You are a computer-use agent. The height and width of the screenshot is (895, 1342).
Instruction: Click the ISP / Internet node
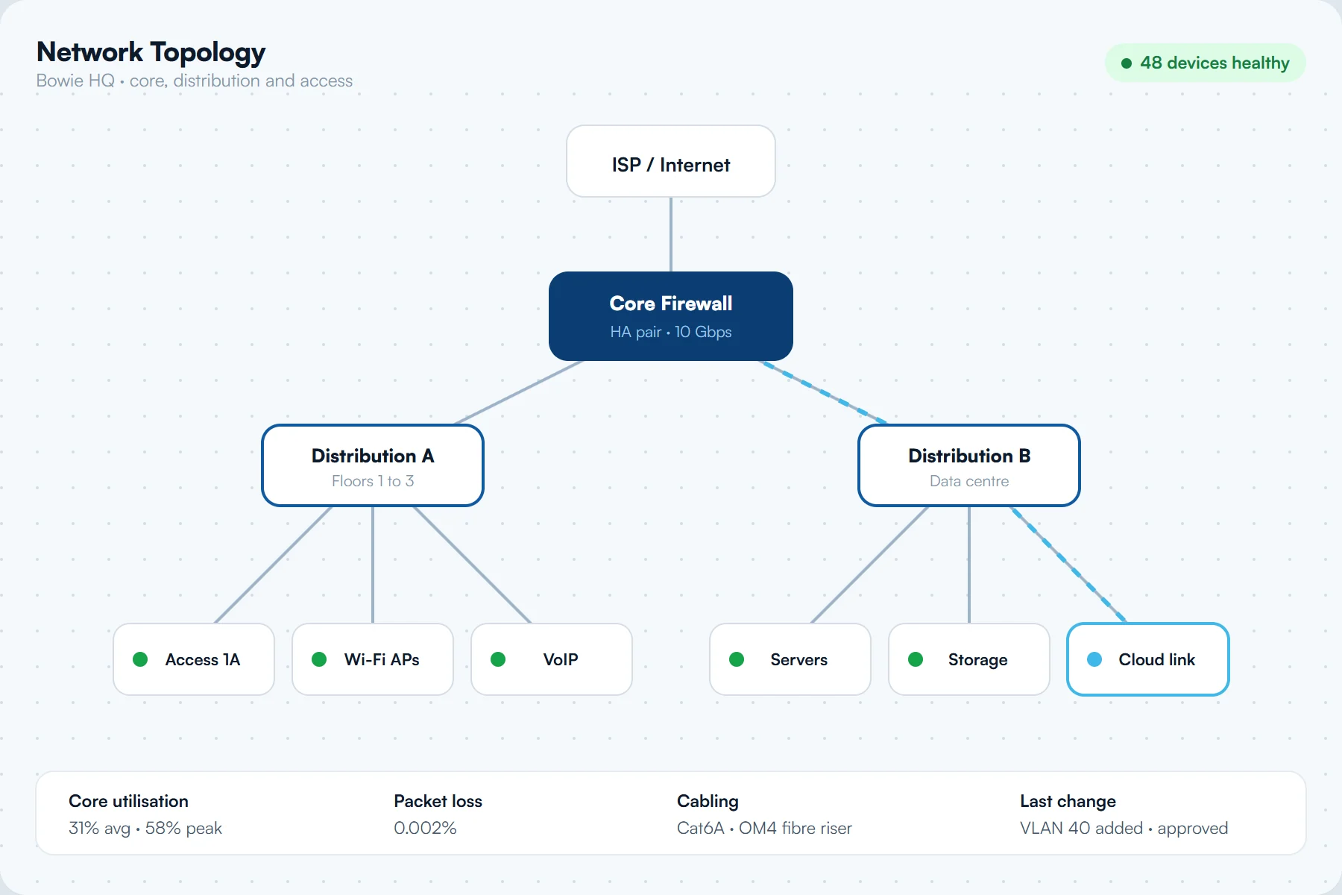pos(671,161)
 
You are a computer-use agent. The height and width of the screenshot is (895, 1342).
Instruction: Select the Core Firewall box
pos(671,316)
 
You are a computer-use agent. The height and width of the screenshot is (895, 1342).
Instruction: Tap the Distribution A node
pos(373,465)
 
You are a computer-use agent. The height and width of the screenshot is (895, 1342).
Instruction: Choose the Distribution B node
pos(969,465)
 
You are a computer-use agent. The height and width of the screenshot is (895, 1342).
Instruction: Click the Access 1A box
pos(194,659)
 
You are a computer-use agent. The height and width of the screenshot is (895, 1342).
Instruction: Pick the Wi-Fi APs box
pos(373,659)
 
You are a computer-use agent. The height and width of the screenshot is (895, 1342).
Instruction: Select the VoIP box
pos(552,659)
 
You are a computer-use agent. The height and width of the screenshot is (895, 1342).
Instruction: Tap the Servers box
pos(790,659)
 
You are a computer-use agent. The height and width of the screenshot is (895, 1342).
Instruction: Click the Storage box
pos(969,659)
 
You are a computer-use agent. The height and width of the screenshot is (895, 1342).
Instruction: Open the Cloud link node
pos(1148,659)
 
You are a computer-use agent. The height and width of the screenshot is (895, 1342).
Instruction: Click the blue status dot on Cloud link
pos(1094,659)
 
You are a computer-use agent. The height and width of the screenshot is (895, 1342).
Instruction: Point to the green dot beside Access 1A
pos(140,659)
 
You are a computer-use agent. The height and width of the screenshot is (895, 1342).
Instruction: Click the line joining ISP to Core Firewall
pos(671,234)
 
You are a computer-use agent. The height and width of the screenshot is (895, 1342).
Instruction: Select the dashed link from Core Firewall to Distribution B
pos(824,392)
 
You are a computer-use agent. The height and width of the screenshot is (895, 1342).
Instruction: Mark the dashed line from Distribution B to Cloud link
pos(1068,565)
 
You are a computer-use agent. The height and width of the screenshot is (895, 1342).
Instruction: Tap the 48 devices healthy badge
pos(1205,63)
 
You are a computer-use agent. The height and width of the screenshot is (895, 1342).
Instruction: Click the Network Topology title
pos(151,52)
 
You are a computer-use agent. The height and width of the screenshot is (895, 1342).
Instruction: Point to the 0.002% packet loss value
pos(425,828)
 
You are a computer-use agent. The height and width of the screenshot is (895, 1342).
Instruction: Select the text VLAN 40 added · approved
pos(1124,828)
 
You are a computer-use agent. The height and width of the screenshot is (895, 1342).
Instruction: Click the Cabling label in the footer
pos(708,801)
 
